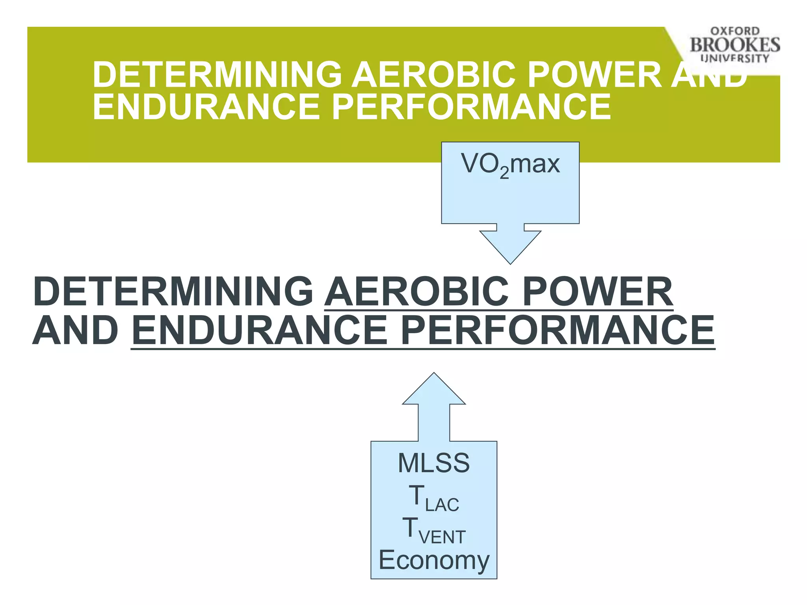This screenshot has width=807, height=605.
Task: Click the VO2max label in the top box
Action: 510,165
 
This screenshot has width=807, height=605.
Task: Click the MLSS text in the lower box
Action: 434,463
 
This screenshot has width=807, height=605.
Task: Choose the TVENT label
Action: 434,530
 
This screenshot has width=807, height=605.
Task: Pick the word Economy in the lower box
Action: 434,560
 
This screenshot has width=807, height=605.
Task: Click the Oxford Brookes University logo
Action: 734,45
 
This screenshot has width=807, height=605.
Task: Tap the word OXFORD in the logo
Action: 735,31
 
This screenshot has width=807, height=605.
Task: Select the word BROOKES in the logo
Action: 735,45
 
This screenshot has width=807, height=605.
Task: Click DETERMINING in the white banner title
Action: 217,74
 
